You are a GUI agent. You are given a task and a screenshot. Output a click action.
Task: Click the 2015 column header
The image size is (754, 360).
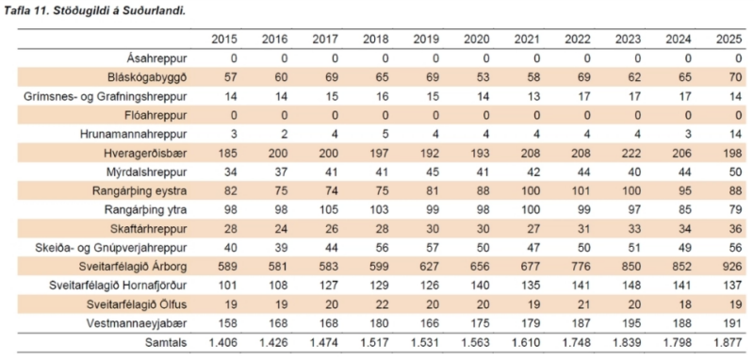[224, 40]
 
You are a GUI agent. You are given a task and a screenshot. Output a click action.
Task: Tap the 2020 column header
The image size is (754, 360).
[477, 40]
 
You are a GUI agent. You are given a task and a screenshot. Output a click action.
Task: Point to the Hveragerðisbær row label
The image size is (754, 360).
[145, 154]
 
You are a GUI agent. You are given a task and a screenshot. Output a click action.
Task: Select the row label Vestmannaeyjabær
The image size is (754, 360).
[143, 323]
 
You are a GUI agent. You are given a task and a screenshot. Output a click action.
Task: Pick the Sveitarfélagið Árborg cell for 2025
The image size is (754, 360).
[732, 267]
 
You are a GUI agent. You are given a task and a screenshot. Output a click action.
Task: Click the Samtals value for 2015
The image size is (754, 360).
[221, 343]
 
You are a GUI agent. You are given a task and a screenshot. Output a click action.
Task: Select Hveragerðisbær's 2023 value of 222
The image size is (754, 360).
[631, 154]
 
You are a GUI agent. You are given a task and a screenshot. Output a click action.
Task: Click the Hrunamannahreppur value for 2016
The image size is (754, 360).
[285, 135]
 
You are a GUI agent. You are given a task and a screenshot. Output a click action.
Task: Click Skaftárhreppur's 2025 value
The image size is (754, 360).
[734, 229]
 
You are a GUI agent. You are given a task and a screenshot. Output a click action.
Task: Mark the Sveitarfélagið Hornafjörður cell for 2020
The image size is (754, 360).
[481, 286]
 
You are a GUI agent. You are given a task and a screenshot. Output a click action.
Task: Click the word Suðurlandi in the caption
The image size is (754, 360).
[161, 10]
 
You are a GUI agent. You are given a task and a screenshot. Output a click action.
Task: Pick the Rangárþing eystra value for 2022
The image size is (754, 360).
[581, 191]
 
